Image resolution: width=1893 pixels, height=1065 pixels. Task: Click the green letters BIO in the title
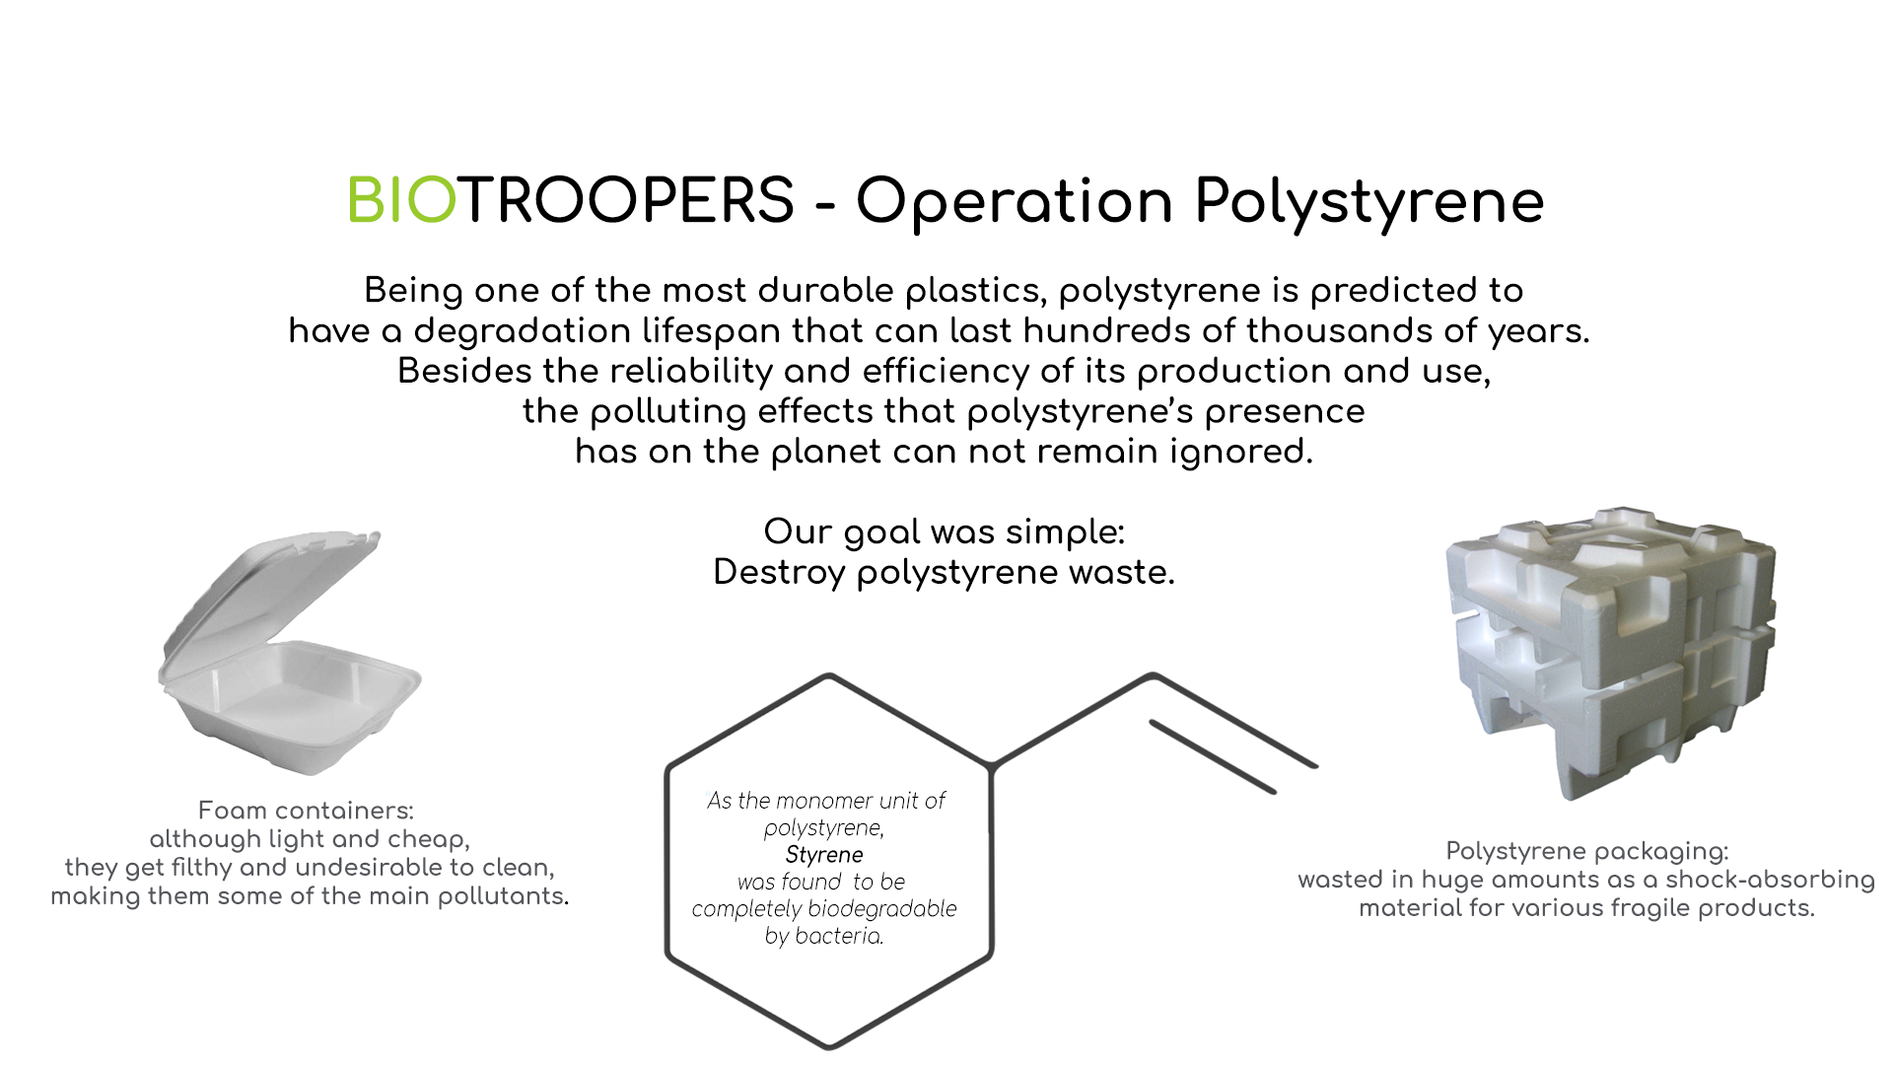(x=402, y=200)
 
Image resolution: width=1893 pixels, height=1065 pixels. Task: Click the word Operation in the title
(x=1015, y=202)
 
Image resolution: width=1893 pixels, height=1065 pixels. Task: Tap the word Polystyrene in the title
(x=1369, y=204)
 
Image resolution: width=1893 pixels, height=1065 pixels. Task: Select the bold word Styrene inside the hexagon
(x=824, y=855)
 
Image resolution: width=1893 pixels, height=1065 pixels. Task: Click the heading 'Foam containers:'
(x=306, y=811)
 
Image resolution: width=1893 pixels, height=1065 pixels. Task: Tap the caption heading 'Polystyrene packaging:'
(x=1587, y=851)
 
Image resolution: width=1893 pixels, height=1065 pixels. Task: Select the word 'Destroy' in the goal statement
(x=779, y=573)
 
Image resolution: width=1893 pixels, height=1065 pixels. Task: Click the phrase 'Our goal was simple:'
(x=945, y=532)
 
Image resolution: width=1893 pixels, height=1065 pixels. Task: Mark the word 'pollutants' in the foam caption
(x=503, y=896)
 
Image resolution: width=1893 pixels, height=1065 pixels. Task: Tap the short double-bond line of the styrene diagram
(x=1213, y=756)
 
